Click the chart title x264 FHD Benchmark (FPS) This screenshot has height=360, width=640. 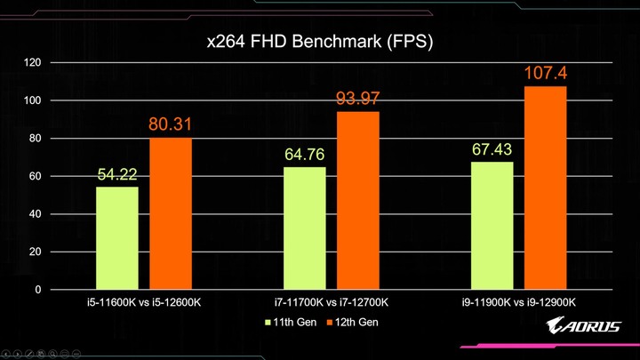pyautogui.click(x=320, y=42)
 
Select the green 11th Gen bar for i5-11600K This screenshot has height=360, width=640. pyautogui.click(x=117, y=238)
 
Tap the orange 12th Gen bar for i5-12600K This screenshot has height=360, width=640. pyautogui.click(x=171, y=213)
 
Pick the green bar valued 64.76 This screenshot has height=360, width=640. pyautogui.click(x=304, y=228)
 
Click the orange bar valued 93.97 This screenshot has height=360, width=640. pyautogui.click(x=357, y=201)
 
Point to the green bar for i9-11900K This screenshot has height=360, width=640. pyautogui.click(x=492, y=226)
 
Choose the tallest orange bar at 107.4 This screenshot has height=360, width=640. pyautogui.click(x=545, y=188)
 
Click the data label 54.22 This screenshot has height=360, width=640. pyautogui.click(x=117, y=173)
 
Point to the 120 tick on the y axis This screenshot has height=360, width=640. pyautogui.click(x=33, y=62)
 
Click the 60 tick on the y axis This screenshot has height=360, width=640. pyautogui.click(x=36, y=176)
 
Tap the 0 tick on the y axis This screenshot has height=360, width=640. pyautogui.click(x=38, y=290)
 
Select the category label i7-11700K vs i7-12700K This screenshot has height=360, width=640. pyautogui.click(x=331, y=303)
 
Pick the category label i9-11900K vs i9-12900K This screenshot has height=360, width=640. pyautogui.click(x=518, y=303)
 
